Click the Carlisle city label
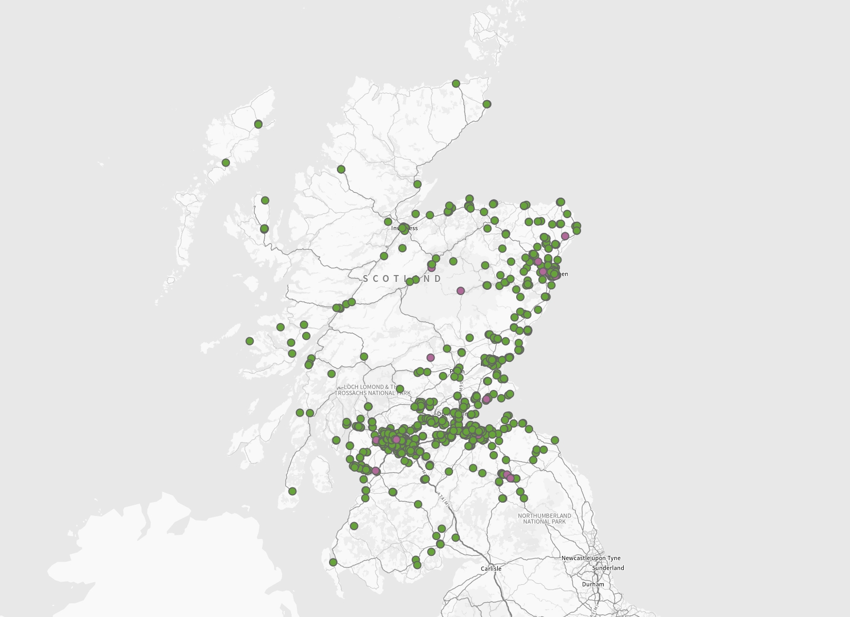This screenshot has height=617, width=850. click(x=491, y=569)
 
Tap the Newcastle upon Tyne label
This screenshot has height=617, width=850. click(x=591, y=558)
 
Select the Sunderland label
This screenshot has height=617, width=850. click(x=608, y=568)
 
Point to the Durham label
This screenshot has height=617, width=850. click(x=593, y=584)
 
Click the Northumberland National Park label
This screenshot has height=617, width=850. click(x=544, y=518)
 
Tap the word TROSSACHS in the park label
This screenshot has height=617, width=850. click(x=352, y=393)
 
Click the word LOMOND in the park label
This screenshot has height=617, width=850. click(x=372, y=387)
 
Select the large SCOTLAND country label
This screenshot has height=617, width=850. click(x=402, y=278)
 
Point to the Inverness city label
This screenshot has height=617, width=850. click(x=404, y=228)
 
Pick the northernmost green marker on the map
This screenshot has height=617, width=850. click(x=456, y=84)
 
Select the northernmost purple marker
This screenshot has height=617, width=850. click(x=565, y=236)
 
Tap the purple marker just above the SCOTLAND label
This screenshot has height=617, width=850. click(x=431, y=268)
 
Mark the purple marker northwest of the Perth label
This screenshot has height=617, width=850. click(x=430, y=358)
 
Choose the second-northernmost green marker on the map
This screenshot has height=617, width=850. click(x=487, y=104)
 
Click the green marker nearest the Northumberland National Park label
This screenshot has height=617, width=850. click(x=524, y=498)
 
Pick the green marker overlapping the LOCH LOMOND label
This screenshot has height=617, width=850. click(x=400, y=389)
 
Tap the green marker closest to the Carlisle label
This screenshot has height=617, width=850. click(x=456, y=537)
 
